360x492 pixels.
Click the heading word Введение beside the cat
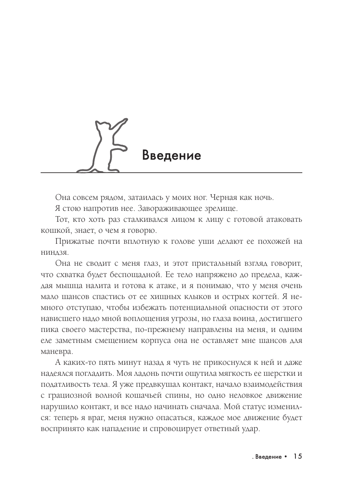[172, 156]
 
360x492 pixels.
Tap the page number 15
[297, 457]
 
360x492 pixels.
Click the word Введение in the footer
[267, 457]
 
